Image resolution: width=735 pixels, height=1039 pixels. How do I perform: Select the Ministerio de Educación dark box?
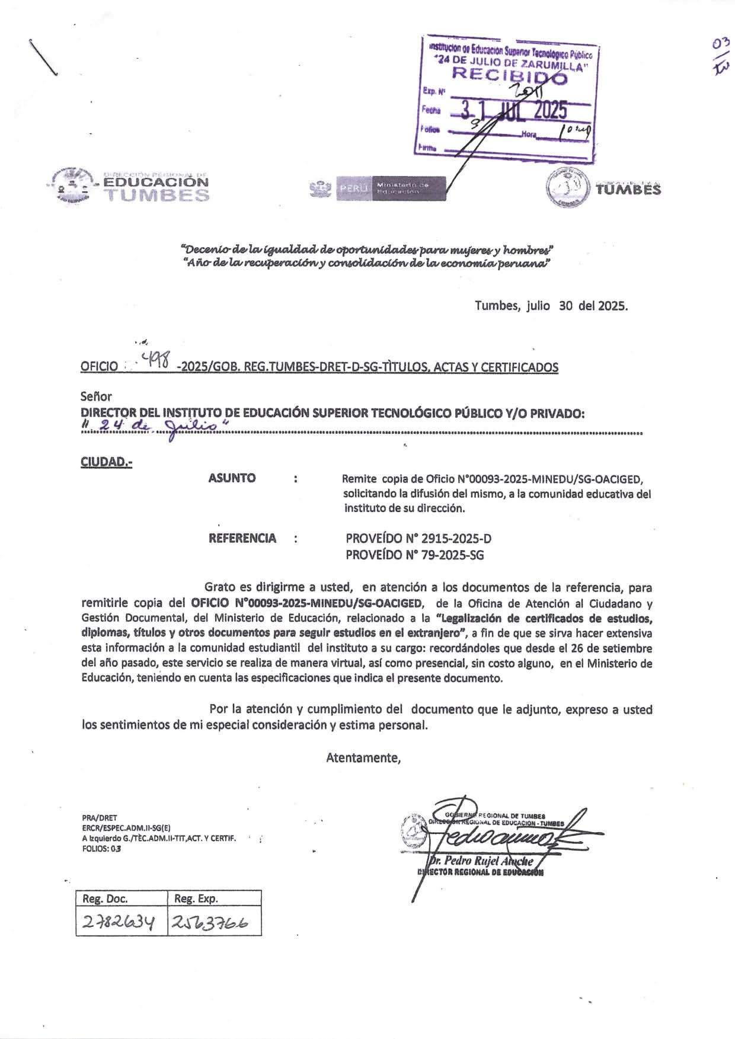pyautogui.click(x=408, y=188)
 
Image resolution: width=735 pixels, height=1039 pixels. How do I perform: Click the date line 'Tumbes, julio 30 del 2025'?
pyautogui.click(x=551, y=306)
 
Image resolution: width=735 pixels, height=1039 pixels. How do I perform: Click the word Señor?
pyautogui.click(x=96, y=397)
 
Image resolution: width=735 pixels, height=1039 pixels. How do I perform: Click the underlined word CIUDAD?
pyautogui.click(x=106, y=462)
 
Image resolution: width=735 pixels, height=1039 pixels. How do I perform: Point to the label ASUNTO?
pyautogui.click(x=232, y=478)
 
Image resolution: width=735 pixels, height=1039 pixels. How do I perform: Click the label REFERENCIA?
pyautogui.click(x=242, y=538)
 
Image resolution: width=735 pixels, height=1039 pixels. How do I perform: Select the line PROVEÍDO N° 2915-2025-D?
pyautogui.click(x=418, y=539)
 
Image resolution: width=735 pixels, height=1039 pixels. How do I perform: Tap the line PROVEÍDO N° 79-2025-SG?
pyautogui.click(x=414, y=555)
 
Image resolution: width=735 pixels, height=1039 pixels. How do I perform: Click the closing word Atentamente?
pyautogui.click(x=363, y=757)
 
